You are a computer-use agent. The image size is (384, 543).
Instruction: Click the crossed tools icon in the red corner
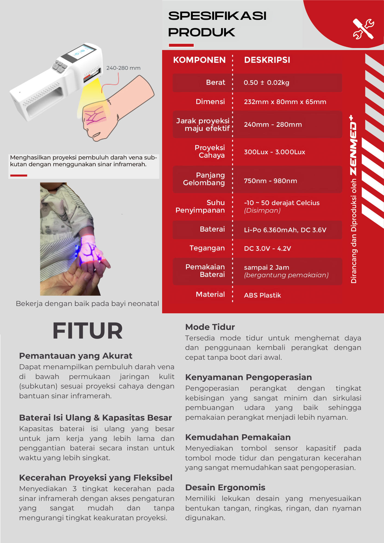[x=363, y=29]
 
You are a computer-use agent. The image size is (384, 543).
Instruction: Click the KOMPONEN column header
[x=199, y=60]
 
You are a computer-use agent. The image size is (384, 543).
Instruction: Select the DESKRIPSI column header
[x=267, y=60]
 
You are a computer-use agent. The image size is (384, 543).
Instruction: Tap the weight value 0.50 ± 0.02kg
[x=266, y=83]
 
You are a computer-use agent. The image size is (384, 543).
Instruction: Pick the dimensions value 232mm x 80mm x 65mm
[x=285, y=102]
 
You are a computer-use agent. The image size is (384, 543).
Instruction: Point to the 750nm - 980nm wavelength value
[x=270, y=181]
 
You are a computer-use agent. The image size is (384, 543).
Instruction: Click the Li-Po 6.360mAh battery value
[x=285, y=230]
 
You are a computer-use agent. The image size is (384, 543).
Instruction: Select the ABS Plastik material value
[x=262, y=295]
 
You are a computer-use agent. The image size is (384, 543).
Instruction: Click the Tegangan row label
[x=207, y=248]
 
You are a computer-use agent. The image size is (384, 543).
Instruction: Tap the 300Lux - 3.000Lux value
[x=274, y=152]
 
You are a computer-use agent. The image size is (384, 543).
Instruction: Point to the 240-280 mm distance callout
[x=123, y=68]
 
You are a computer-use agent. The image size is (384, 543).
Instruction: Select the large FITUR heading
[x=87, y=331]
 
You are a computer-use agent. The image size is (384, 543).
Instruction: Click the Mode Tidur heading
[x=210, y=327]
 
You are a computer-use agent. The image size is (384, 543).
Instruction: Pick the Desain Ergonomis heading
[x=225, y=487]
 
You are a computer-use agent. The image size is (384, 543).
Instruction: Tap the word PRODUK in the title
[x=202, y=32]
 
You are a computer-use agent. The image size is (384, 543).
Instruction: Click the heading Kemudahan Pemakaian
[x=238, y=437]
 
